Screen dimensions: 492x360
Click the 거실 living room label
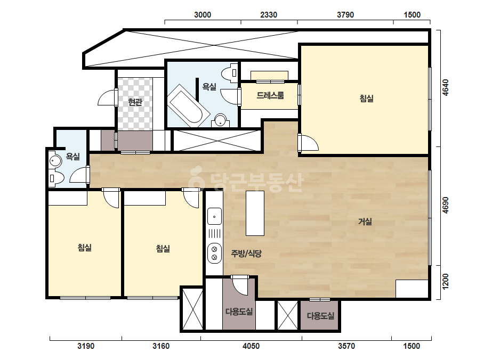click(365, 222)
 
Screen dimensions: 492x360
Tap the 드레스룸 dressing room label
click(270, 95)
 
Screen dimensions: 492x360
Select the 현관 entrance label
click(135, 102)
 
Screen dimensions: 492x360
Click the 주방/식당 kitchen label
click(246, 253)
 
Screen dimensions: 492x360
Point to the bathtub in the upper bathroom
click(188, 105)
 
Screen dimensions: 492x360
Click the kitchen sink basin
click(214, 216)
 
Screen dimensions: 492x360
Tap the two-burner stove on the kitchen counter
click(214, 253)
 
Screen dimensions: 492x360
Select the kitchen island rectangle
click(255, 213)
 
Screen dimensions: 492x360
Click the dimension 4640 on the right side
click(445, 87)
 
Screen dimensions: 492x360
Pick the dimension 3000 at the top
click(203, 15)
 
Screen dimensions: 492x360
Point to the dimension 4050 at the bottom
click(251, 346)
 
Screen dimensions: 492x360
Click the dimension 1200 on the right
click(445, 282)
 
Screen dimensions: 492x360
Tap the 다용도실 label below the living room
click(320, 316)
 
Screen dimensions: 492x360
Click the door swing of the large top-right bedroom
click(309, 143)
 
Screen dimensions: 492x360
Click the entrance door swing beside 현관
click(107, 97)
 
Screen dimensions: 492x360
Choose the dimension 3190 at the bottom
click(86, 346)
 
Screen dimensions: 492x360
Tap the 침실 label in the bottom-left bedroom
click(84, 248)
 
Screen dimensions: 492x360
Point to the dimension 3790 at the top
click(345, 15)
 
